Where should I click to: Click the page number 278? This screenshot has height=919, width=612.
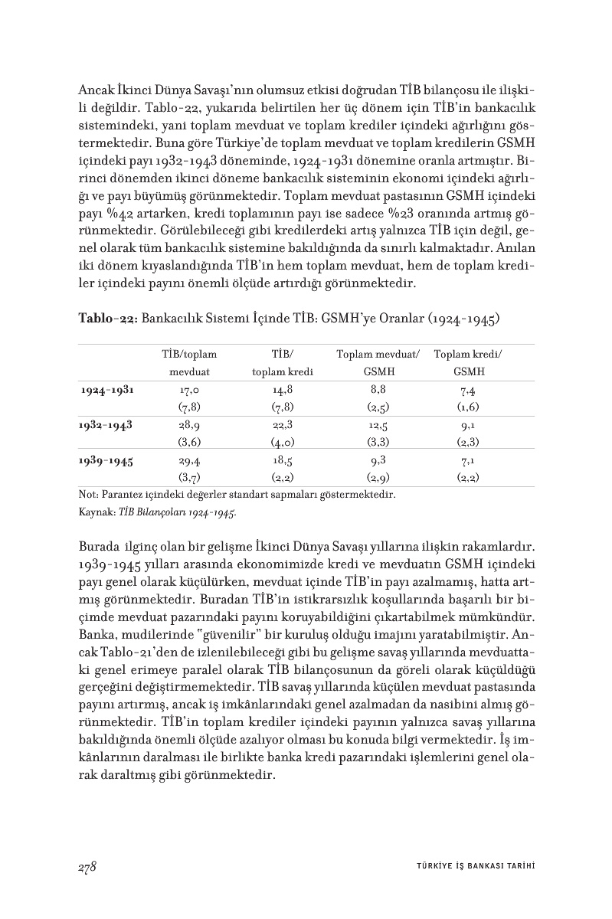[x=86, y=866]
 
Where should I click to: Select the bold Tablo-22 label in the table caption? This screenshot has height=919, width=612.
[x=108, y=318]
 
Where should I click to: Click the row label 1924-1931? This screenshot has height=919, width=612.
[x=107, y=390]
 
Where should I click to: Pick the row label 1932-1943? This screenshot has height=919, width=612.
[x=107, y=425]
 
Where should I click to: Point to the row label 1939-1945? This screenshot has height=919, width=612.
[x=107, y=461]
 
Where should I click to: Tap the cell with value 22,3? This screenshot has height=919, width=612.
[x=283, y=425]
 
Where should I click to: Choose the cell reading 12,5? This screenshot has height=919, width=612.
[x=378, y=425]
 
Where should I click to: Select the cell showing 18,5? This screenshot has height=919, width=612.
[x=283, y=461]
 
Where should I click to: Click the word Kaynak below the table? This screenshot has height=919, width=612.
[x=93, y=512]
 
